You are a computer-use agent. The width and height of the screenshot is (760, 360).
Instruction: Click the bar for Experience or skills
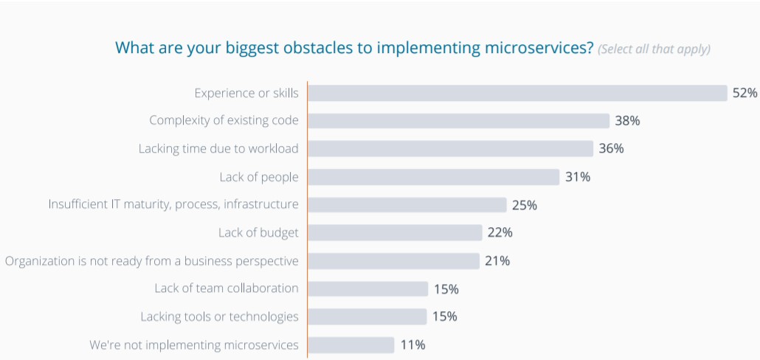(x=517, y=93)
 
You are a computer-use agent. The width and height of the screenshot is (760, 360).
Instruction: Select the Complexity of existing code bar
(x=458, y=121)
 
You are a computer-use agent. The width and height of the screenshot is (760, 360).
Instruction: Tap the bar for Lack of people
(x=433, y=177)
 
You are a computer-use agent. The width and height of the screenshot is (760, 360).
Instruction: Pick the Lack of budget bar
(x=395, y=233)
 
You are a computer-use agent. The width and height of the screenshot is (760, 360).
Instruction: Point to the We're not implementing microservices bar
(x=351, y=345)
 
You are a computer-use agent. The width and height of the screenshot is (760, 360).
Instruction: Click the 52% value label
(x=745, y=93)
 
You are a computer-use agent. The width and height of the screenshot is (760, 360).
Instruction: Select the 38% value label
(x=627, y=121)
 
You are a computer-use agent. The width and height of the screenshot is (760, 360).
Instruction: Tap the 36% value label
(x=611, y=149)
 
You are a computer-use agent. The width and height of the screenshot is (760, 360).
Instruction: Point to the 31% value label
(x=578, y=177)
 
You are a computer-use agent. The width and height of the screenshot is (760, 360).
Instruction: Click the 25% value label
(x=525, y=205)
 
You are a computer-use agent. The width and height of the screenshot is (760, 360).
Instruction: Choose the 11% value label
(x=412, y=345)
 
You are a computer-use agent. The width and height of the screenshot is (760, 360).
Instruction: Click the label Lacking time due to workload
(x=218, y=149)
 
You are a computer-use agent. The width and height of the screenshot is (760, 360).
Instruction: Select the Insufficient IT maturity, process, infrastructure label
(x=173, y=204)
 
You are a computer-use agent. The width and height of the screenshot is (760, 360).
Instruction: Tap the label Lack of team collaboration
(x=227, y=288)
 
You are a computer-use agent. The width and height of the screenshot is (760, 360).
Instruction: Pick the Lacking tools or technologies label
(x=220, y=316)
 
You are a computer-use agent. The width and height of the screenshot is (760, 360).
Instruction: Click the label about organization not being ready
(x=151, y=261)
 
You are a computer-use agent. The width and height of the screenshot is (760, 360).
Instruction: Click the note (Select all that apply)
(x=654, y=49)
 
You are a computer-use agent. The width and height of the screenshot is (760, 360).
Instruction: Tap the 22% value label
(x=500, y=233)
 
